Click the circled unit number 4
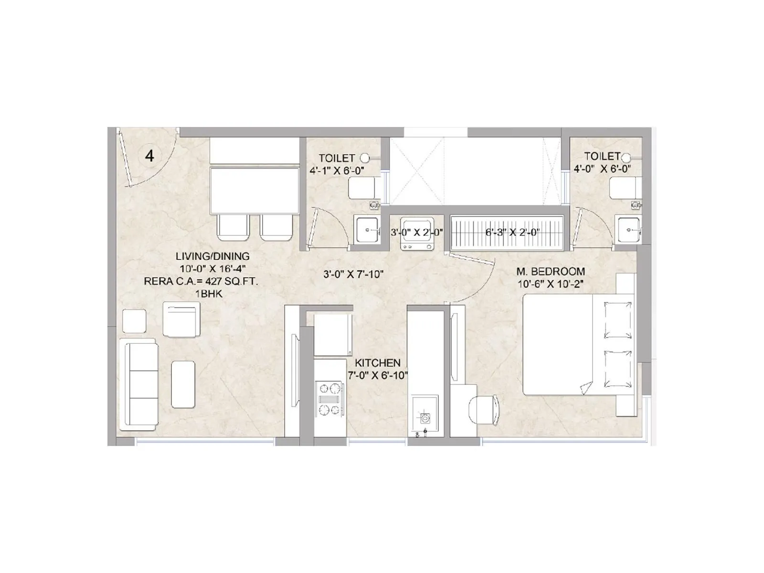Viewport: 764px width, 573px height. tap(149, 156)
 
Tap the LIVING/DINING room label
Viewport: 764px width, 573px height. tap(212, 256)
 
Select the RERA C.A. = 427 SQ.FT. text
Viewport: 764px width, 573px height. tap(201, 281)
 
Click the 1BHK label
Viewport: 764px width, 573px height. tap(209, 294)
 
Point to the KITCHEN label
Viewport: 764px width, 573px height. tap(378, 363)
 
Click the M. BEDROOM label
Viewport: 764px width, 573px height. tap(551, 271)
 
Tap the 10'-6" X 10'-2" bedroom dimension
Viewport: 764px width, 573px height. tap(551, 284)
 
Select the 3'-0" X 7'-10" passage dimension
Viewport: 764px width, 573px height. tap(353, 275)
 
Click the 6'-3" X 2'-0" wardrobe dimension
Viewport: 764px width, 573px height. tap(512, 232)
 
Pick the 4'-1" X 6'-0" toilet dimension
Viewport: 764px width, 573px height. tap(337, 171)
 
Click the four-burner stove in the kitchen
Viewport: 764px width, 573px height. tap(329, 399)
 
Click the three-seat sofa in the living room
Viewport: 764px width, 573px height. tap(139, 384)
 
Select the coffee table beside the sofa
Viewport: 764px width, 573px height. tap(183, 384)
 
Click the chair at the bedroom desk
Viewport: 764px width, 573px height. tap(484, 410)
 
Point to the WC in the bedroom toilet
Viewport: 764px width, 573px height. tap(626, 188)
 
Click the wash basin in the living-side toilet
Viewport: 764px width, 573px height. tap(367, 230)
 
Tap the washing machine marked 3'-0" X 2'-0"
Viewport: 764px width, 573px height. tap(417, 233)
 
